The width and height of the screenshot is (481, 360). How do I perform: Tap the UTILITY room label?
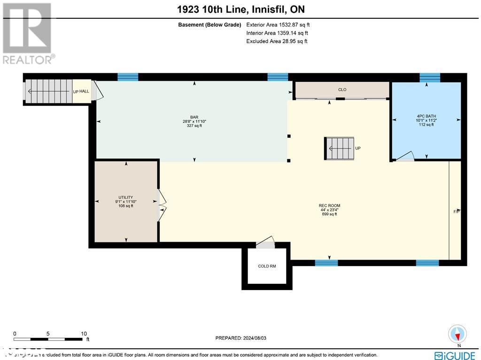point(125,197)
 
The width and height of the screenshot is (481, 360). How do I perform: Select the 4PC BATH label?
point(427,116)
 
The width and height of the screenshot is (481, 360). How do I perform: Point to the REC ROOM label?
point(329,205)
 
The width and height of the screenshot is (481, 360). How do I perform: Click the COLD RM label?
point(267,266)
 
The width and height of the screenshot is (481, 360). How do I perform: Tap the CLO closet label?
point(342,89)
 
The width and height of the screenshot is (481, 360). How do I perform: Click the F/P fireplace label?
point(456,211)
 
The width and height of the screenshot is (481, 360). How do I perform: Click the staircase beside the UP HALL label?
point(48,91)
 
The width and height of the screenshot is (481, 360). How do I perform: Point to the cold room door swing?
point(266,243)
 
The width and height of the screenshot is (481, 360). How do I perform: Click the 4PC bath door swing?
point(404,157)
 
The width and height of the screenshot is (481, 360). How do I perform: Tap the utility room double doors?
point(162,206)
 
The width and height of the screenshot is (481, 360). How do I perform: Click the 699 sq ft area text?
point(329,214)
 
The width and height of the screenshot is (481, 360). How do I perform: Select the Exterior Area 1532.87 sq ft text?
point(278,25)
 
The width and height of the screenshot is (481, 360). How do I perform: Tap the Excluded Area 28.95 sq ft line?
point(277,41)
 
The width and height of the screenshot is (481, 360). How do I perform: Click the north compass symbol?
point(457,334)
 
